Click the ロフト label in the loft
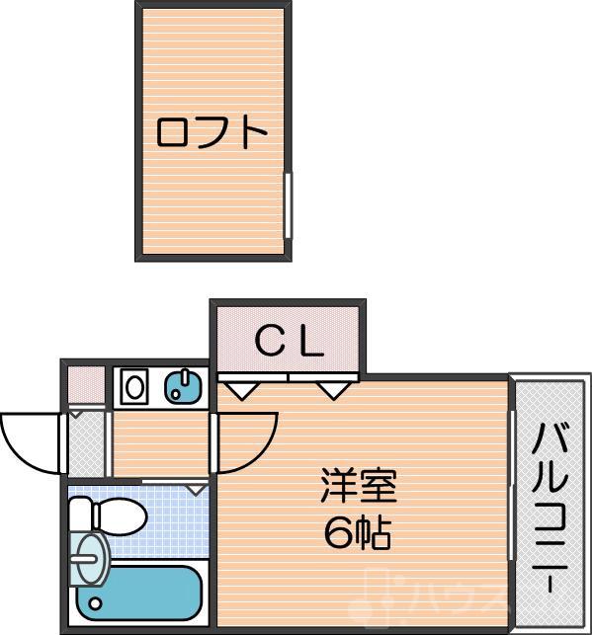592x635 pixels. tap(213, 133)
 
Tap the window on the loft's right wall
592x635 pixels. tap(288, 205)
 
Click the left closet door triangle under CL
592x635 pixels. tap(241, 389)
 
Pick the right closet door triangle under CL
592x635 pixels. tap(334, 389)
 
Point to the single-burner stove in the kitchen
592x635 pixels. tap(132, 385)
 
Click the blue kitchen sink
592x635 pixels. tap(182, 385)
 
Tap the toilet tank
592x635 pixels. tap(82, 515)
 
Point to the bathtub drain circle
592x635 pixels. tap(95, 601)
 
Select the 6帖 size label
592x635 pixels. tap(358, 534)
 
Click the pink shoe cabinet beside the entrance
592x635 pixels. tap(86, 385)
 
